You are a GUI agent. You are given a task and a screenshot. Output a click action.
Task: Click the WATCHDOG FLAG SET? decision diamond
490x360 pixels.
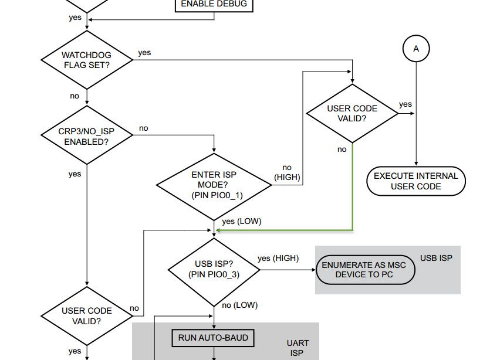click(86, 60)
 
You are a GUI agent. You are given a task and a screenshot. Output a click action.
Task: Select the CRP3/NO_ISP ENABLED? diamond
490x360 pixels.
click(86, 137)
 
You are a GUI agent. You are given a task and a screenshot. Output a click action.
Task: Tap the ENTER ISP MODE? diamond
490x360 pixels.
click(214, 185)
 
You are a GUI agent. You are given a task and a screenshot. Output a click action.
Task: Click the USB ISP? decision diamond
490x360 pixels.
click(214, 269)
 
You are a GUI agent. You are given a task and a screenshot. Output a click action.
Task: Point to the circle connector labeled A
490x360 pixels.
click(416, 49)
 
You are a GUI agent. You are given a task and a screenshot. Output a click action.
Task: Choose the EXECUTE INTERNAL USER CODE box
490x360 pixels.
click(415, 181)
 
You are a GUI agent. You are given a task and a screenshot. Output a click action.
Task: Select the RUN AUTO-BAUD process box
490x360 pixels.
click(213, 338)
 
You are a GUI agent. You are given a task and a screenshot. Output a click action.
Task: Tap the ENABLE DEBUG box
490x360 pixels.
click(214, 5)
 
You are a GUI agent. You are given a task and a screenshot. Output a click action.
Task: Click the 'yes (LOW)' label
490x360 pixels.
click(242, 222)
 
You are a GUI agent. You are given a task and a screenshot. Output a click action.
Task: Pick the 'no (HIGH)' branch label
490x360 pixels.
click(287, 172)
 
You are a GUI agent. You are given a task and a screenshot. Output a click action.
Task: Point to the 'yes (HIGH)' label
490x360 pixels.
click(278, 258)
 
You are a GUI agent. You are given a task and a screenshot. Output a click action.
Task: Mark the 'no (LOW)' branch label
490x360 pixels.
click(239, 305)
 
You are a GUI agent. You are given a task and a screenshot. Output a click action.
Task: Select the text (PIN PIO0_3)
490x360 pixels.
click(214, 274)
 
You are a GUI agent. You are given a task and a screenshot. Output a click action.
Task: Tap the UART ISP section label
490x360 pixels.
click(297, 348)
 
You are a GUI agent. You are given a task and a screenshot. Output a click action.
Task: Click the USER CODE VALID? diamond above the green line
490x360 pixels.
click(352, 113)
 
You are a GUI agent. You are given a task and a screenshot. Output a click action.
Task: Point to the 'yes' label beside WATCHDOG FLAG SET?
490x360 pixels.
click(144, 53)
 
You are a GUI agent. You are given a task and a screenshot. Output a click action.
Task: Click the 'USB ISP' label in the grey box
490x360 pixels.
click(436, 258)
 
